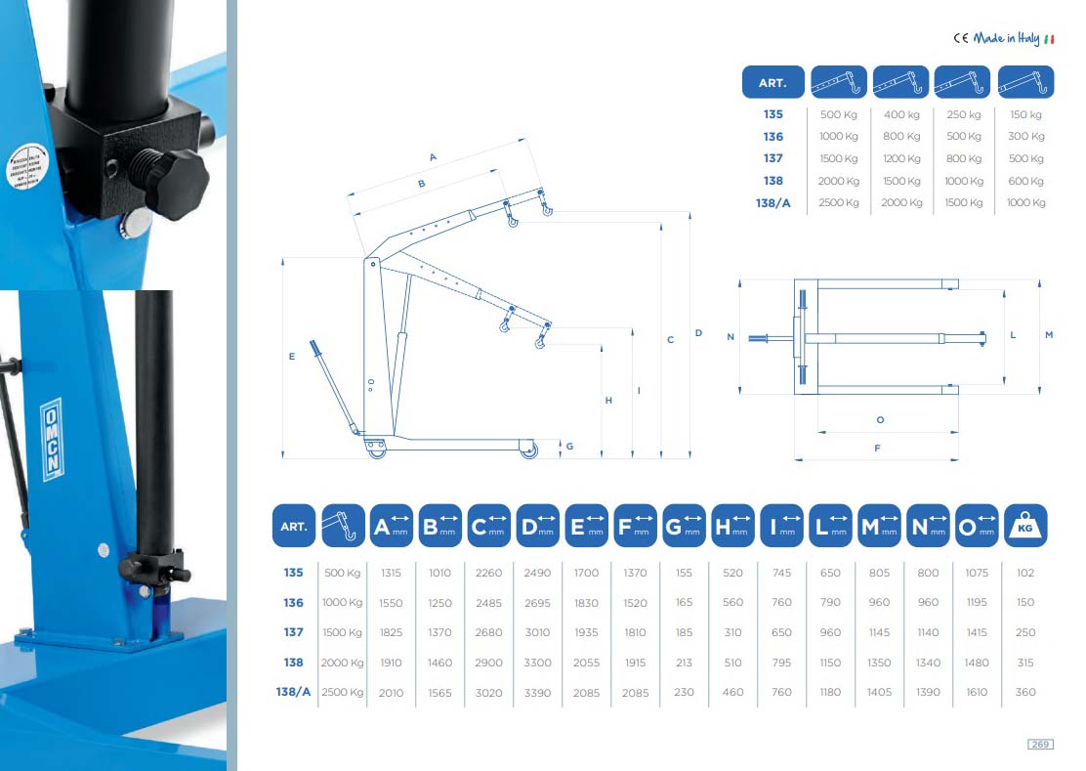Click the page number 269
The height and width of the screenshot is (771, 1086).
click(x=1040, y=745)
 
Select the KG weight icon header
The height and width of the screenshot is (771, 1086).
click(x=1025, y=526)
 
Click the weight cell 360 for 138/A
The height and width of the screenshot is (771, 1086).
click(x=1025, y=692)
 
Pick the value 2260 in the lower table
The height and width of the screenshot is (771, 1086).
click(x=488, y=573)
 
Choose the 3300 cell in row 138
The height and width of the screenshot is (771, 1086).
click(x=538, y=663)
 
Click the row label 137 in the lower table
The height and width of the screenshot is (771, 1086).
click(x=293, y=632)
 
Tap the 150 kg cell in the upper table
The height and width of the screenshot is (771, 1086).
click(x=1025, y=114)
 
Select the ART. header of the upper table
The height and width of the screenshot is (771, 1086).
click(x=773, y=83)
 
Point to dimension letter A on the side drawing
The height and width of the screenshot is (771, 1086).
click(x=433, y=156)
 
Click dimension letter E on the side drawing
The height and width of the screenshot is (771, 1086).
click(x=292, y=358)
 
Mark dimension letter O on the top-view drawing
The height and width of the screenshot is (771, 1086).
click(x=880, y=419)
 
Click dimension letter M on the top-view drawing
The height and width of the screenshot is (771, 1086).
click(x=1049, y=335)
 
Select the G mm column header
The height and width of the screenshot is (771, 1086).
click(x=685, y=526)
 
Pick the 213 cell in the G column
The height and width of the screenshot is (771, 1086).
click(x=685, y=663)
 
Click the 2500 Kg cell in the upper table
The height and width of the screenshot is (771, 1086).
click(x=839, y=202)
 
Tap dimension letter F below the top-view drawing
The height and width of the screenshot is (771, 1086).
click(x=877, y=448)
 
